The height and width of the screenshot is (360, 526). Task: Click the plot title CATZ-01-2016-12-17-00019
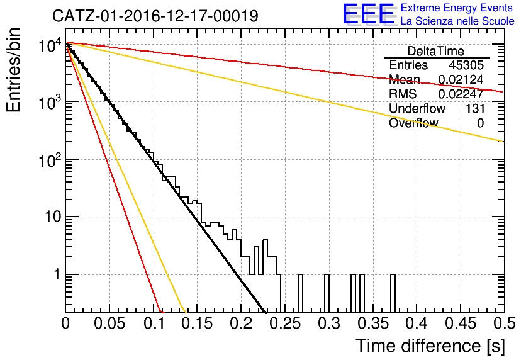pyautogui.click(x=155, y=16)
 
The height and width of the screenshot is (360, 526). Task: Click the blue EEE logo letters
pyautogui.click(x=368, y=14)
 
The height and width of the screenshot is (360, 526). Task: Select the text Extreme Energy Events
pyautogui.click(x=457, y=8)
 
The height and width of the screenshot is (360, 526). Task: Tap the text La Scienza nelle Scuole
pyautogui.click(x=457, y=21)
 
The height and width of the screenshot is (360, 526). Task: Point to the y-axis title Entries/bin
pyautogui.click(x=13, y=70)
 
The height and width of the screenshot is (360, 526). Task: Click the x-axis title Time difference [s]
pyautogui.click(x=430, y=346)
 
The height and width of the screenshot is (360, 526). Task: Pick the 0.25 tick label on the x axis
pyautogui.click(x=285, y=323)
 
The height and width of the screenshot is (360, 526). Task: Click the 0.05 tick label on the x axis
pyautogui.click(x=109, y=323)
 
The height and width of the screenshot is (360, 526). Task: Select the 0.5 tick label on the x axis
pyautogui.click(x=504, y=323)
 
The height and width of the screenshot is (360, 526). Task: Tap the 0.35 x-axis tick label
pyautogui.click(x=372, y=323)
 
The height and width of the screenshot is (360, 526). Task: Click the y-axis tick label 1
pyautogui.click(x=57, y=274)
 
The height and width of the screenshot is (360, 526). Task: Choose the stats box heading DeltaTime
pyautogui.click(x=436, y=51)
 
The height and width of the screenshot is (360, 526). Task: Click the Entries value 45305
pyautogui.click(x=466, y=65)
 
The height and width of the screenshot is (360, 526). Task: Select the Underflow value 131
pyautogui.click(x=475, y=108)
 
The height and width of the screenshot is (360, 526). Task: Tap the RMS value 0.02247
pyautogui.click(x=461, y=94)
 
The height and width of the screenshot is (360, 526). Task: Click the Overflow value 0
pyautogui.click(x=480, y=123)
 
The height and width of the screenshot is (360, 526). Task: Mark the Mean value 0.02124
pyautogui.click(x=461, y=79)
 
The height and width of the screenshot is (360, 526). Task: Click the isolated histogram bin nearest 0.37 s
pyautogui.click(x=393, y=293)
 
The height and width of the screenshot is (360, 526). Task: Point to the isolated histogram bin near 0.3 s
pyautogui.click(x=327, y=293)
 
